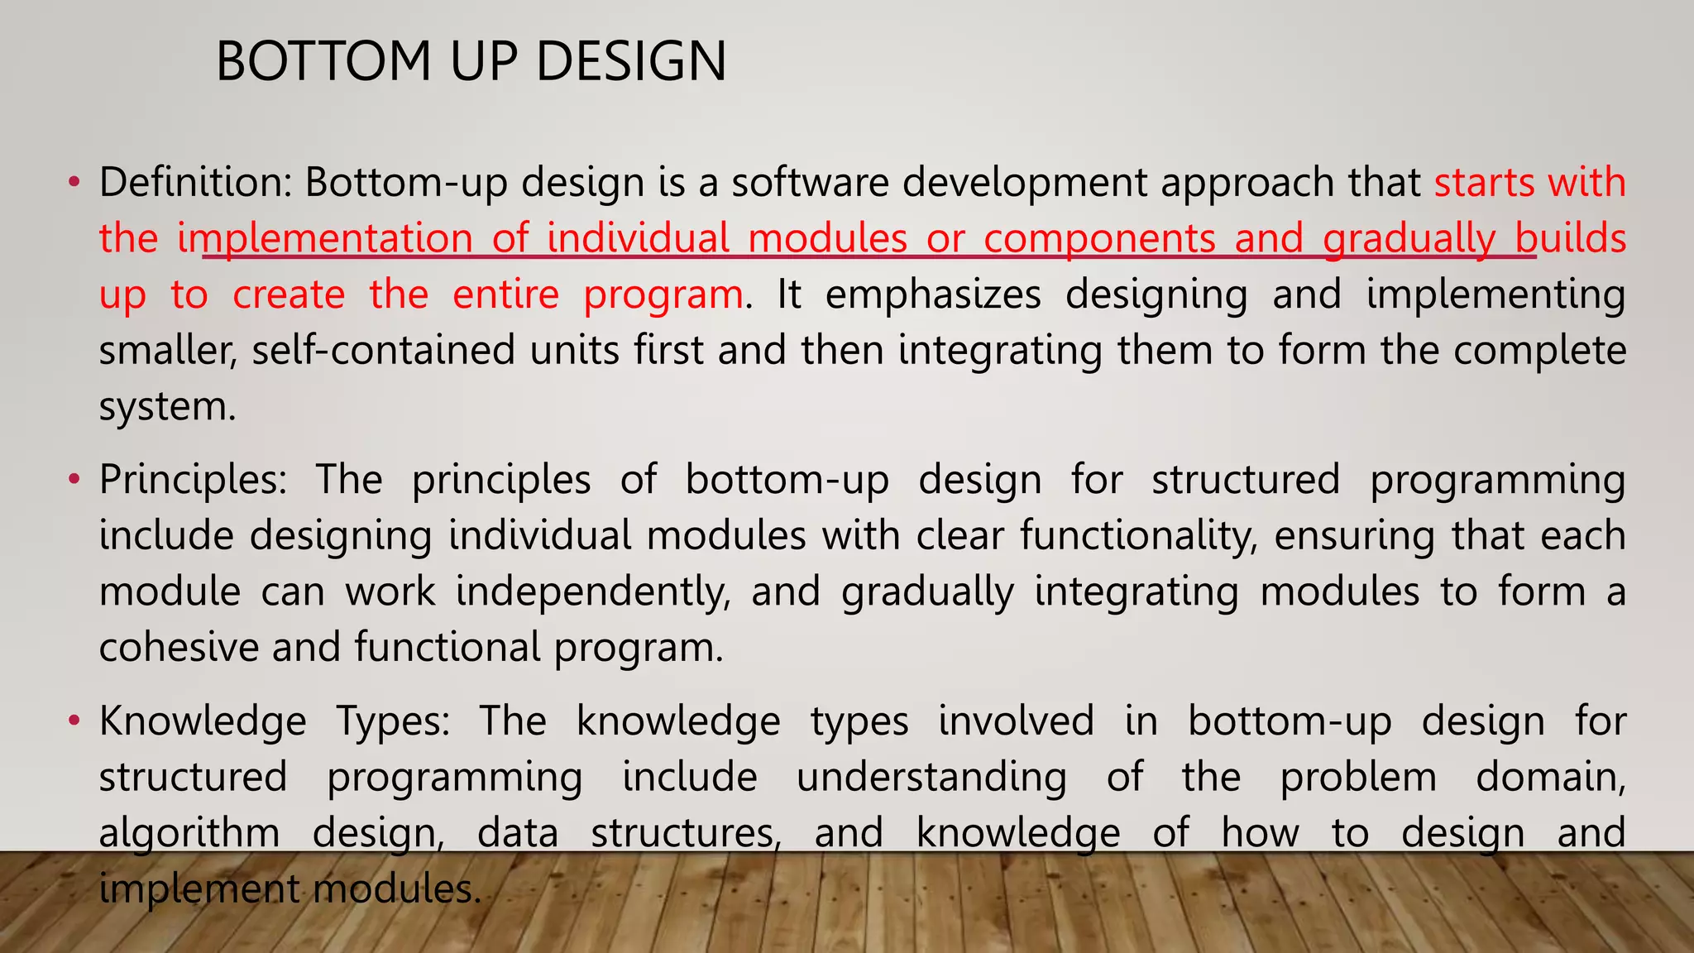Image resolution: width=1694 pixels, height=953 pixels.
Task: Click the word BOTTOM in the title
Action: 323,62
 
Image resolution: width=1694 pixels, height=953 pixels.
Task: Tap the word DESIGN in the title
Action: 631,62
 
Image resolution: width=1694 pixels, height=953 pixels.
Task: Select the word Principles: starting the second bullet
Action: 193,479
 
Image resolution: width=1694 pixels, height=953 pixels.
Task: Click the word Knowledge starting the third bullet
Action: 203,721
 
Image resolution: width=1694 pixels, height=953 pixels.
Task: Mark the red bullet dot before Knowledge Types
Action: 74,721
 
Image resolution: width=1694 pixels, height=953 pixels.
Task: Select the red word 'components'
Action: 1099,238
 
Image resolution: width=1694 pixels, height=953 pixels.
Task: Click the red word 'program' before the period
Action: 663,295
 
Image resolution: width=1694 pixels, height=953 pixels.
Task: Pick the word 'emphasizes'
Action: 933,295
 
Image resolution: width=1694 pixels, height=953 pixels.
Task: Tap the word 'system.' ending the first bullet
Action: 168,407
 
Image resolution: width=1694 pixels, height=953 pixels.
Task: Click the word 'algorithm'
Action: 189,833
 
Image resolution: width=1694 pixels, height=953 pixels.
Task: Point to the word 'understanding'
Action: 931,777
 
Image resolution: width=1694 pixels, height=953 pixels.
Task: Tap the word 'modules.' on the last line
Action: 397,889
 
